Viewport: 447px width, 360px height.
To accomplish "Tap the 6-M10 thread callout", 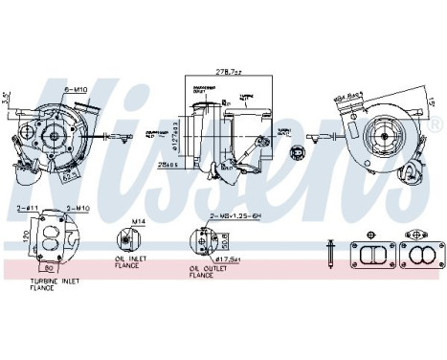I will (76, 89).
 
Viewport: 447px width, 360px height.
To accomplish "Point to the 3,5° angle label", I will (7, 97).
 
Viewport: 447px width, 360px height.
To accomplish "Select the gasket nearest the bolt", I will (369, 252).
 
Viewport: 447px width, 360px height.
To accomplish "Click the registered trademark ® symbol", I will (436, 125).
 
